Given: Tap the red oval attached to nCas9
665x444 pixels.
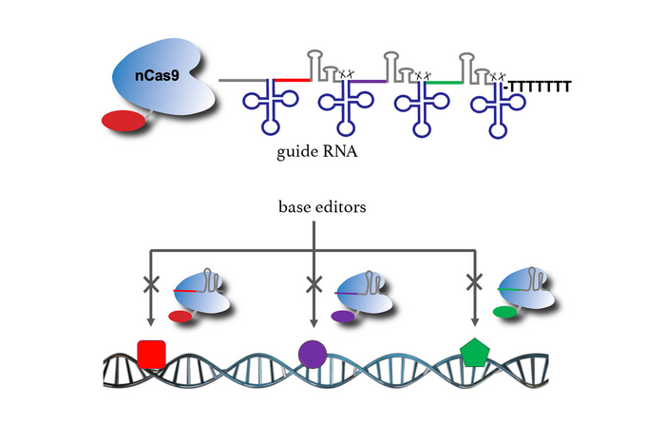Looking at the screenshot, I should click(122, 121).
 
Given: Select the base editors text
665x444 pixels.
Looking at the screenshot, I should click(316, 206).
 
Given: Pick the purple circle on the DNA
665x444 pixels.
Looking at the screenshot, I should click(313, 354).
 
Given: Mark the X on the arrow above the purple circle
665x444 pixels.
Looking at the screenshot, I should click(313, 282).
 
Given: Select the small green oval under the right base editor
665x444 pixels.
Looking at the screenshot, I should click(504, 311).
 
